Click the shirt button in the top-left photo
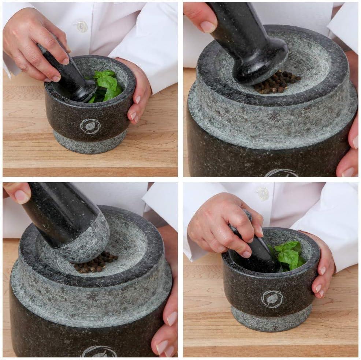tap(82, 26)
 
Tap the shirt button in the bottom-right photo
tap(263, 194)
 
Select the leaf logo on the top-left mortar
tap(90, 126)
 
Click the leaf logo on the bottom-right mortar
tap(272, 299)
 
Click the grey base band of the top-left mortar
tap(90, 143)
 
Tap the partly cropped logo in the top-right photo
tap(281, 173)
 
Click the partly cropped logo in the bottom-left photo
tap(99, 352)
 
